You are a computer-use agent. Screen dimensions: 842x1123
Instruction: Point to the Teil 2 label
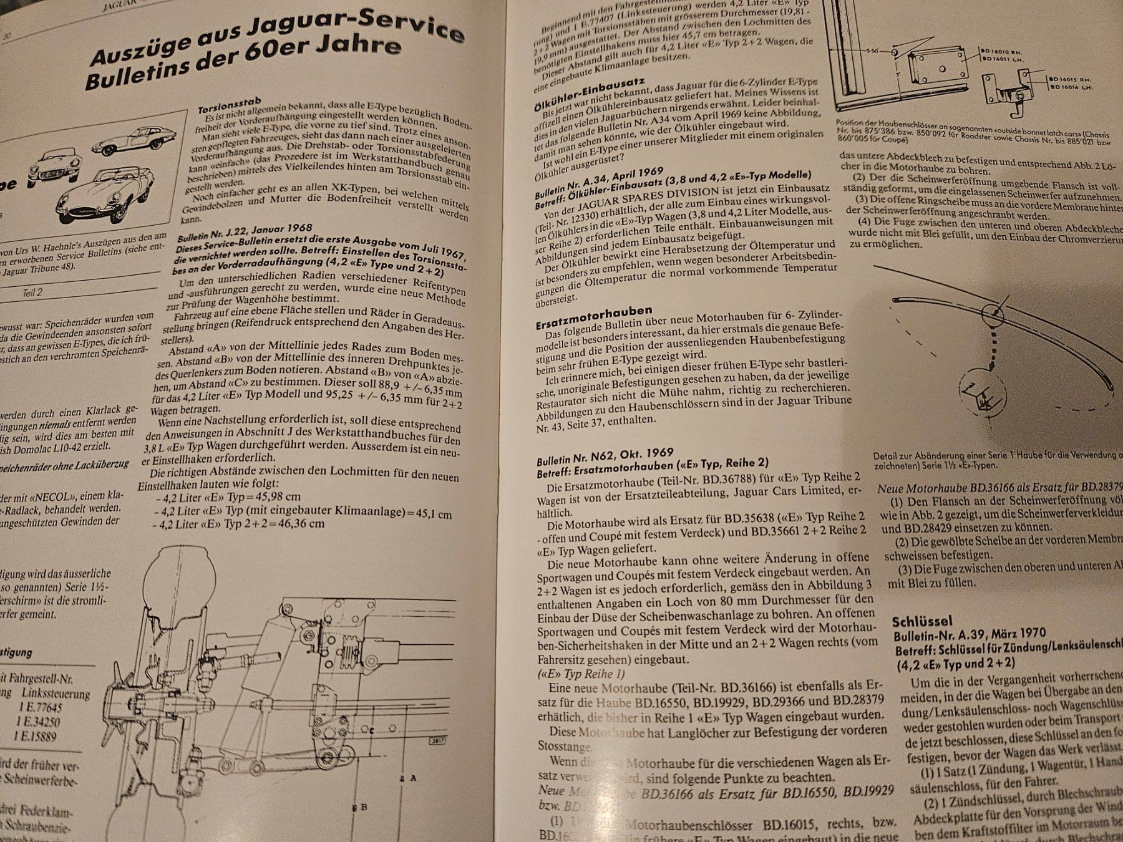[29, 292]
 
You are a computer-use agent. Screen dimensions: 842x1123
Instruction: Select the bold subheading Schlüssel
[922, 621]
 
